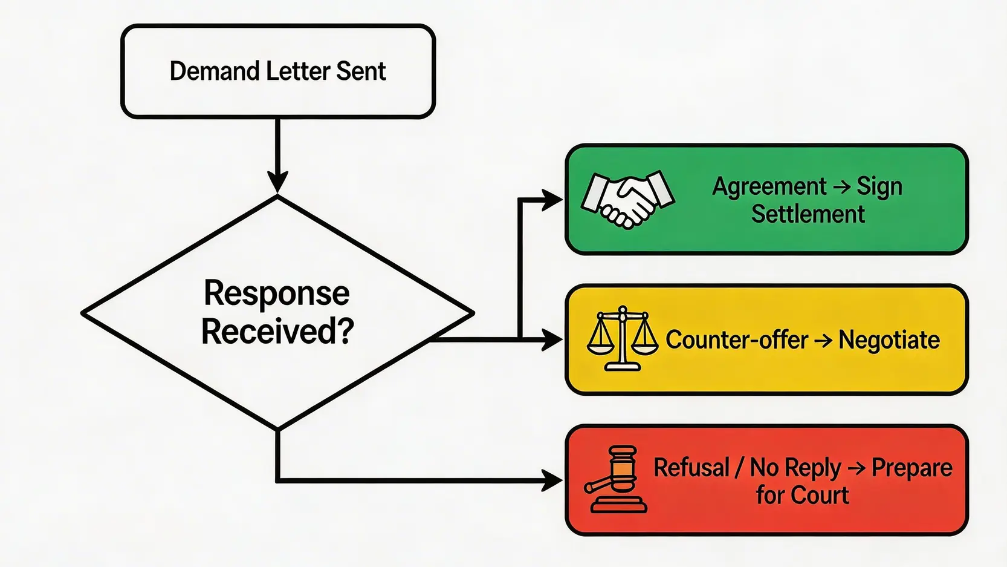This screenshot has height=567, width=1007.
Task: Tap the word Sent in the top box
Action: click(x=361, y=71)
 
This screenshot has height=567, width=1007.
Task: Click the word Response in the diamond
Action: click(x=277, y=293)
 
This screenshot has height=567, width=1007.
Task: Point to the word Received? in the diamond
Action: click(x=277, y=332)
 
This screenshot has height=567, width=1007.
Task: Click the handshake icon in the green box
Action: click(x=627, y=198)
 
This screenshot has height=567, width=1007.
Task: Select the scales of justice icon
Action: click(x=622, y=339)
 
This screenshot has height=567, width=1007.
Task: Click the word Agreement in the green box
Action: click(x=769, y=186)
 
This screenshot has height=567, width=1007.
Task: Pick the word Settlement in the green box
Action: click(x=808, y=214)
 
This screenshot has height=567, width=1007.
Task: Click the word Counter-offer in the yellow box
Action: click(x=736, y=340)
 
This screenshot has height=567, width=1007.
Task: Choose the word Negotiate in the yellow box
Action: click(x=889, y=340)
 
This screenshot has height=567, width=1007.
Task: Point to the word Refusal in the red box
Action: click(x=691, y=468)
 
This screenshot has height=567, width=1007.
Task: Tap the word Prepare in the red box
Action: click(x=911, y=468)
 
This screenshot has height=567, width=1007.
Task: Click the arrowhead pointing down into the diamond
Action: click(x=277, y=182)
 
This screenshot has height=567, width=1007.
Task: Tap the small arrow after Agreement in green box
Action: click(x=841, y=187)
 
